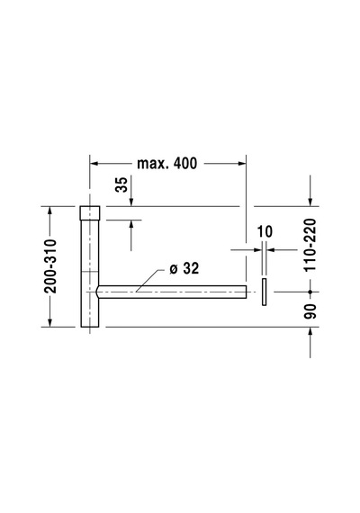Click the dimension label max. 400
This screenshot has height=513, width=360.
click(166, 163)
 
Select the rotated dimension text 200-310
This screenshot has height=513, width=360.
click(50, 266)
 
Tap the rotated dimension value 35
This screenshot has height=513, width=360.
click(121, 184)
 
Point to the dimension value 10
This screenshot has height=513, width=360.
click(265, 231)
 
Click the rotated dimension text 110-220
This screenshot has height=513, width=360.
click(310, 245)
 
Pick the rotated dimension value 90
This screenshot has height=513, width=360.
click(310, 311)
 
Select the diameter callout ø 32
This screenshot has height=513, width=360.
click(184, 268)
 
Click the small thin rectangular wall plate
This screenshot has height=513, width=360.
click(264, 292)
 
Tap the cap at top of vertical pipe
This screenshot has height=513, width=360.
click(90, 212)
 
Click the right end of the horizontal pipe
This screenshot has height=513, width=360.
click(246, 292)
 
